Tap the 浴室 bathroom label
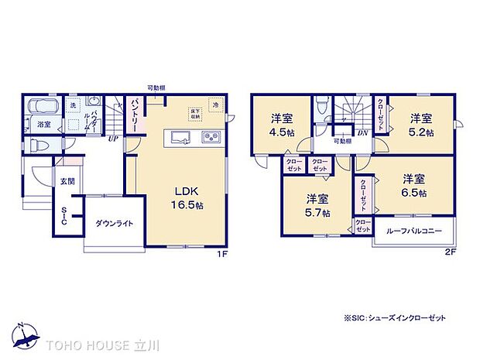[x=44, y=124]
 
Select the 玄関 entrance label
[x=67, y=182]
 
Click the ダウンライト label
[x=114, y=223]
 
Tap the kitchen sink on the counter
[x=180, y=138]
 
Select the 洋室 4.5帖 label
[x=281, y=125]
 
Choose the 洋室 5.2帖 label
[x=421, y=125]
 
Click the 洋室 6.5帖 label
[x=413, y=186]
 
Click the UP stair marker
[x=113, y=139]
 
